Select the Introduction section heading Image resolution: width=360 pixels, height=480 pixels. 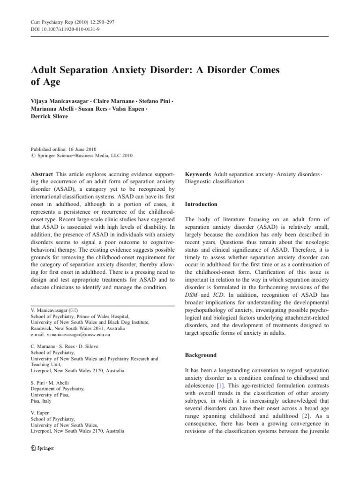pos(201,205)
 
